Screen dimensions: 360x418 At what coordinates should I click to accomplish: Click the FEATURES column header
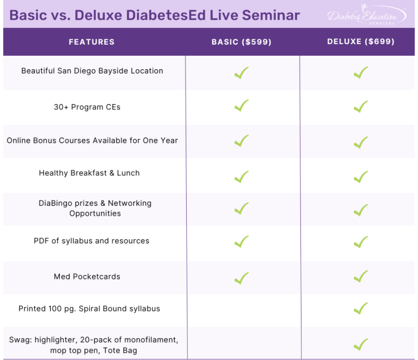[91, 42]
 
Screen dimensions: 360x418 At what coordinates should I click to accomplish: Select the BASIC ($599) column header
[241, 42]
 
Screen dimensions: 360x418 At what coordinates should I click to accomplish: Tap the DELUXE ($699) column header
[361, 42]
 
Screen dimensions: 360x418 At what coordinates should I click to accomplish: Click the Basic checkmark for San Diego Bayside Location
[241, 73]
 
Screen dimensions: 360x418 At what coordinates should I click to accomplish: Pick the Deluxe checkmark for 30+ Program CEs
[361, 106]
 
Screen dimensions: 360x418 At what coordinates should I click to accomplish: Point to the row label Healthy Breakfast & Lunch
[89, 173]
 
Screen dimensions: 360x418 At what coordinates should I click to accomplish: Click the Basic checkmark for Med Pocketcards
[241, 278]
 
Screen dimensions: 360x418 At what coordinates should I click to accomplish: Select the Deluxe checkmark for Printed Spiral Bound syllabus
[361, 309]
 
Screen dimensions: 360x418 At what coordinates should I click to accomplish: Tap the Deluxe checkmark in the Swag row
[361, 344]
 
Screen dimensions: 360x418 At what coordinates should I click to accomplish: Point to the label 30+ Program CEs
[87, 107]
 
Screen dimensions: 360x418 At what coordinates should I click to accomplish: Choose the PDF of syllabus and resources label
[91, 241]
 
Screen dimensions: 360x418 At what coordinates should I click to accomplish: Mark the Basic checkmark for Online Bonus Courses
[241, 141]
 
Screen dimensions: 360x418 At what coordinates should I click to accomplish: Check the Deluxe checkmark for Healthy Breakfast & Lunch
[361, 176]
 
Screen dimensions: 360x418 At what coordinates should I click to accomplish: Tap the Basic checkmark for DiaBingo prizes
[241, 209]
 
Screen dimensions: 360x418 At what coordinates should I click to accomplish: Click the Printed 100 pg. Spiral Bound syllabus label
[89, 309]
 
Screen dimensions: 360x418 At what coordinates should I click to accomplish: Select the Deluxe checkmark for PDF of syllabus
[361, 242]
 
